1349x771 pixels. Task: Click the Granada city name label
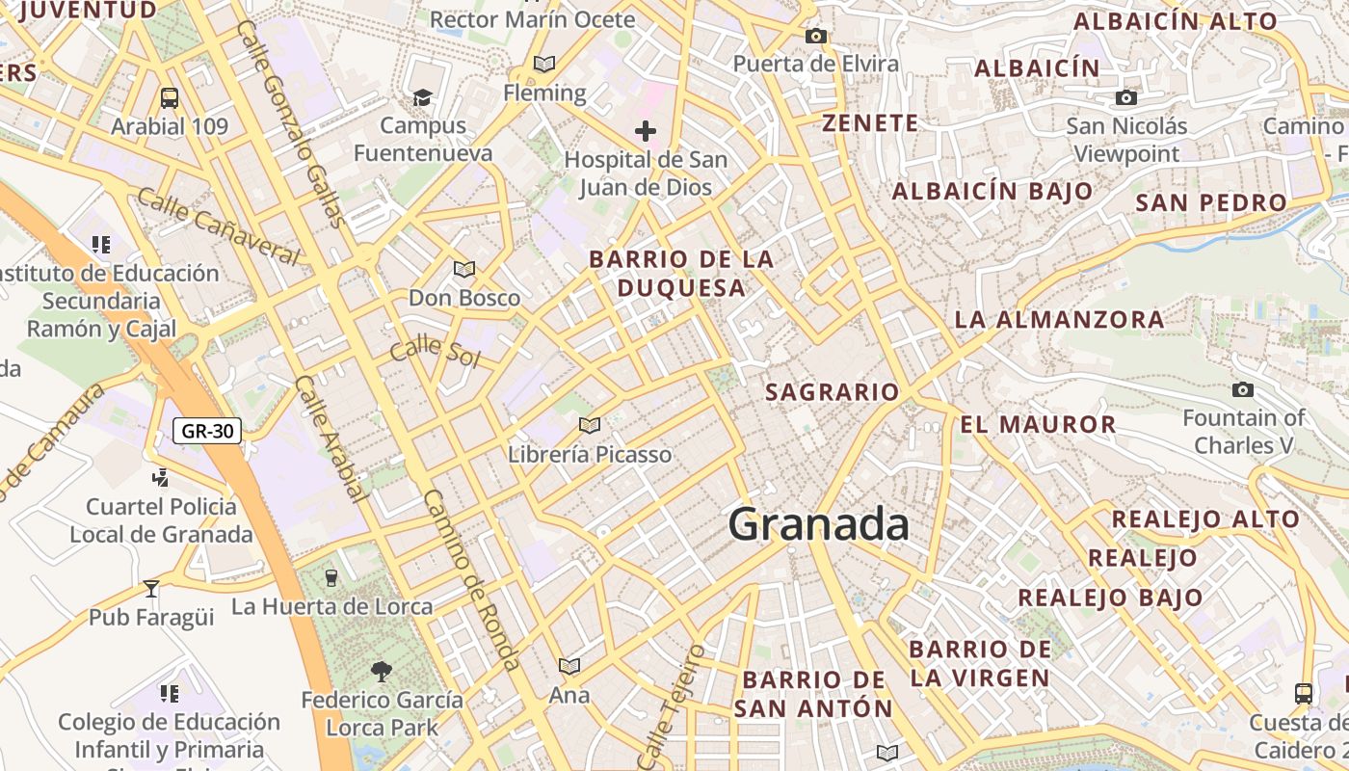818,525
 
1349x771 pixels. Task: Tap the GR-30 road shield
207,431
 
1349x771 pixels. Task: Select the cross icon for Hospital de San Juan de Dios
646,130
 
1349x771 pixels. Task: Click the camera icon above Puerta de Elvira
816,37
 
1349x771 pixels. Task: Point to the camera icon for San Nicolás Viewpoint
1125,97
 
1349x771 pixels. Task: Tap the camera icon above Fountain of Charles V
1243,389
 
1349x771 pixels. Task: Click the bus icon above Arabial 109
170,97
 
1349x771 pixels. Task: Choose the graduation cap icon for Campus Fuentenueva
422,97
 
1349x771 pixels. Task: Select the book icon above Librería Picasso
590,425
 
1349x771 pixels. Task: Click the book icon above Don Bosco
464,269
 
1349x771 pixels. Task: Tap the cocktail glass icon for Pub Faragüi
151,588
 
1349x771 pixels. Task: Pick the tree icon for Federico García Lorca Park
382,671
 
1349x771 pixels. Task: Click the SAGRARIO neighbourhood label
833,391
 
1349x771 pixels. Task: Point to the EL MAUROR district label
1037,424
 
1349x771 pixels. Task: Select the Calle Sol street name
435,350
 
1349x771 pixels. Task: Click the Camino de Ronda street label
472,579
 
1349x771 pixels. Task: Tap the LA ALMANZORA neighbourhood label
1059,319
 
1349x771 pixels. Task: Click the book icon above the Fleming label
544,65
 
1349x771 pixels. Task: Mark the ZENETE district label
870,122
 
